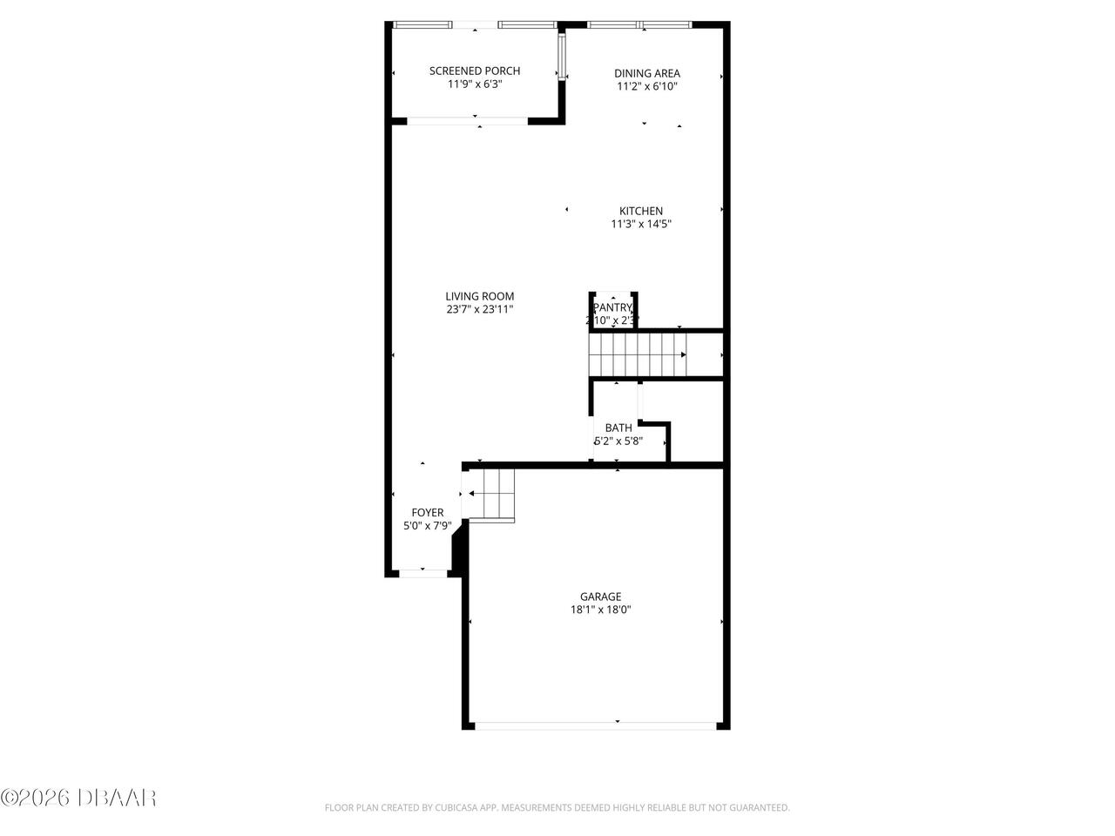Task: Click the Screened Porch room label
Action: (x=475, y=71)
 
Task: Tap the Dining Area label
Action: (x=646, y=74)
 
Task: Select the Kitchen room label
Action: (x=640, y=211)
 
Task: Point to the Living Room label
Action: (x=479, y=296)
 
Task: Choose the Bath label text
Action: (x=618, y=428)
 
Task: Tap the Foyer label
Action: (x=427, y=513)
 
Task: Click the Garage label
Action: (x=601, y=597)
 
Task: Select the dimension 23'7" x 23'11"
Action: (x=479, y=309)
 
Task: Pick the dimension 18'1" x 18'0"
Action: (x=601, y=610)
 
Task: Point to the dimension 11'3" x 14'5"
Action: (x=640, y=224)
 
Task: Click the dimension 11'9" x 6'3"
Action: (x=475, y=84)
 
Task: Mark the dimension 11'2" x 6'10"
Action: (x=646, y=87)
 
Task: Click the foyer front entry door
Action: (x=423, y=573)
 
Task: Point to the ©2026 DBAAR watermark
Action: (x=78, y=796)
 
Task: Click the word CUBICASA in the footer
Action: (x=456, y=808)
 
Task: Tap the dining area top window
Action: (x=640, y=24)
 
